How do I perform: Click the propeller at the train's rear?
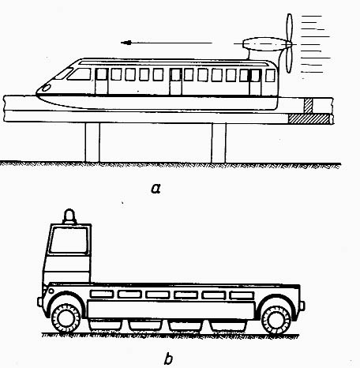coord(289,43)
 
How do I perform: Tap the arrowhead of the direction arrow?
coord(126,43)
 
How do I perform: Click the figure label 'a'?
coord(156,189)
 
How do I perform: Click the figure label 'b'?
coord(168,359)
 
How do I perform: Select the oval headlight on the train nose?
coord(47,88)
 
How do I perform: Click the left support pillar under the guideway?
coord(92,142)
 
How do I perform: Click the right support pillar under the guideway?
coord(219,142)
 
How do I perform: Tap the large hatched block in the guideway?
coord(309,118)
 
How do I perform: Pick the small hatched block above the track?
coord(308,106)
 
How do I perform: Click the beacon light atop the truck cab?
coord(69,216)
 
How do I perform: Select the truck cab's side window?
coord(69,241)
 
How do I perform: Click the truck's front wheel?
coord(66,318)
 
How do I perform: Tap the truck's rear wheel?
coord(276,320)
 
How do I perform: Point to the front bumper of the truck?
coord(39,302)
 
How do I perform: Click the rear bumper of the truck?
coord(302,306)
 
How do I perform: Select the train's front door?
coord(102,81)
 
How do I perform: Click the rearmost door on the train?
coord(255,82)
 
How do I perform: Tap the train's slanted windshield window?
coord(80,74)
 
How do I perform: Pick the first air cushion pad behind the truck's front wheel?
coord(104,325)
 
